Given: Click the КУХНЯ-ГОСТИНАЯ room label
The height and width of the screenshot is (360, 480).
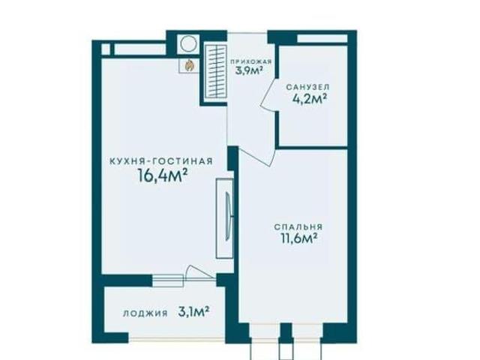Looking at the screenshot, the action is tap(161, 161).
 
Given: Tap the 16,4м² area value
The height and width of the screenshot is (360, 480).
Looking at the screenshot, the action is tap(163, 175).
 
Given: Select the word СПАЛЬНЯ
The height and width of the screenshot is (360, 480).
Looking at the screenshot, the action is tap(298, 226).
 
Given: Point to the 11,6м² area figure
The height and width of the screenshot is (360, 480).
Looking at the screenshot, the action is tap(298, 238).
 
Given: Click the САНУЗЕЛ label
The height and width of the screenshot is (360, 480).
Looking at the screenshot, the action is tap(308, 87).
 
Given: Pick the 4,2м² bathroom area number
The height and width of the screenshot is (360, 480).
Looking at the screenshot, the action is tap(309, 99).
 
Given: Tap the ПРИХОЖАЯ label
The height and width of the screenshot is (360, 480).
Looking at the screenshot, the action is tap(251, 61).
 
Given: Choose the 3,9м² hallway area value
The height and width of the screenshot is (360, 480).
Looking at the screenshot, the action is tap(250, 71).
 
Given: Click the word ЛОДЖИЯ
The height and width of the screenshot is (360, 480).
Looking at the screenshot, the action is tap(145, 313).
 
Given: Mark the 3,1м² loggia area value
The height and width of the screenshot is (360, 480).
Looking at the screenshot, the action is tap(193, 313).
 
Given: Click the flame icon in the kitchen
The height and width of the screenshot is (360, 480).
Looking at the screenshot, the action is tap(189, 65).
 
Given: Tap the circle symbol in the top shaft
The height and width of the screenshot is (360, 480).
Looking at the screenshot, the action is tap(188, 43).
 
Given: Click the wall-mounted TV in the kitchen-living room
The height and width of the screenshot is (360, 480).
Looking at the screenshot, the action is tap(228, 217).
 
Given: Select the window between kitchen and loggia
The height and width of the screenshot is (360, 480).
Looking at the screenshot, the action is tap(168, 280).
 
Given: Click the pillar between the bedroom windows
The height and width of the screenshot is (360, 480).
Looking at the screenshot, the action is tap(286, 333).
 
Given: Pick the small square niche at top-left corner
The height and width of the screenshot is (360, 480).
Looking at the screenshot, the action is tap(105, 49).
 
